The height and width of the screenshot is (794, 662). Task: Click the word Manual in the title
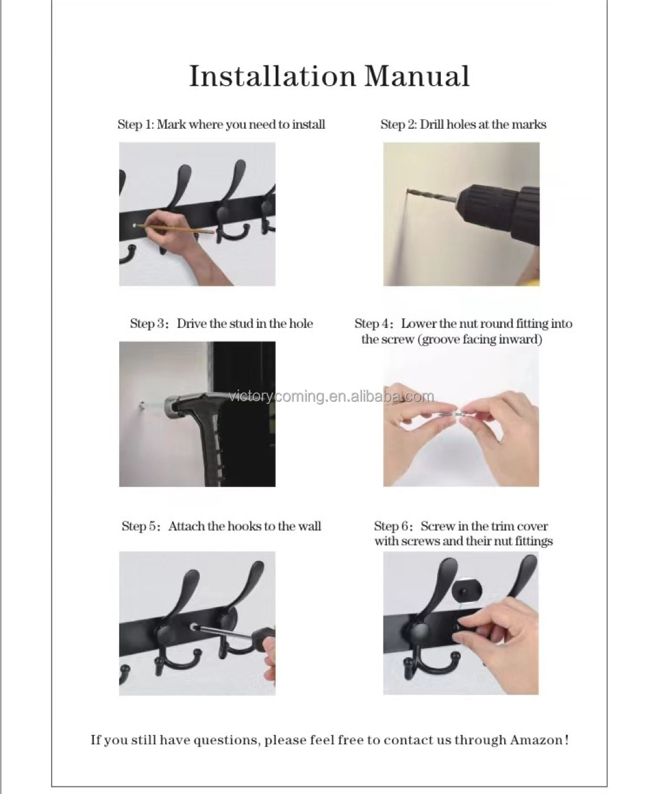416,76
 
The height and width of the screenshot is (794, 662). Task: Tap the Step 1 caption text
221,124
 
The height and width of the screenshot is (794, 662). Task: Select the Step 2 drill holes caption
463,124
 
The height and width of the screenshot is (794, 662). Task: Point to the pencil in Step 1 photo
180,229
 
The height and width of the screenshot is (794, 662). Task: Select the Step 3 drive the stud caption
221,324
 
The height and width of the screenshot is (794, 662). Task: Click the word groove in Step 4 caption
440,339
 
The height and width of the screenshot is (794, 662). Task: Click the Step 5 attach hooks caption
221,526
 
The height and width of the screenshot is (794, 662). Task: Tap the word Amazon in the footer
535,740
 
